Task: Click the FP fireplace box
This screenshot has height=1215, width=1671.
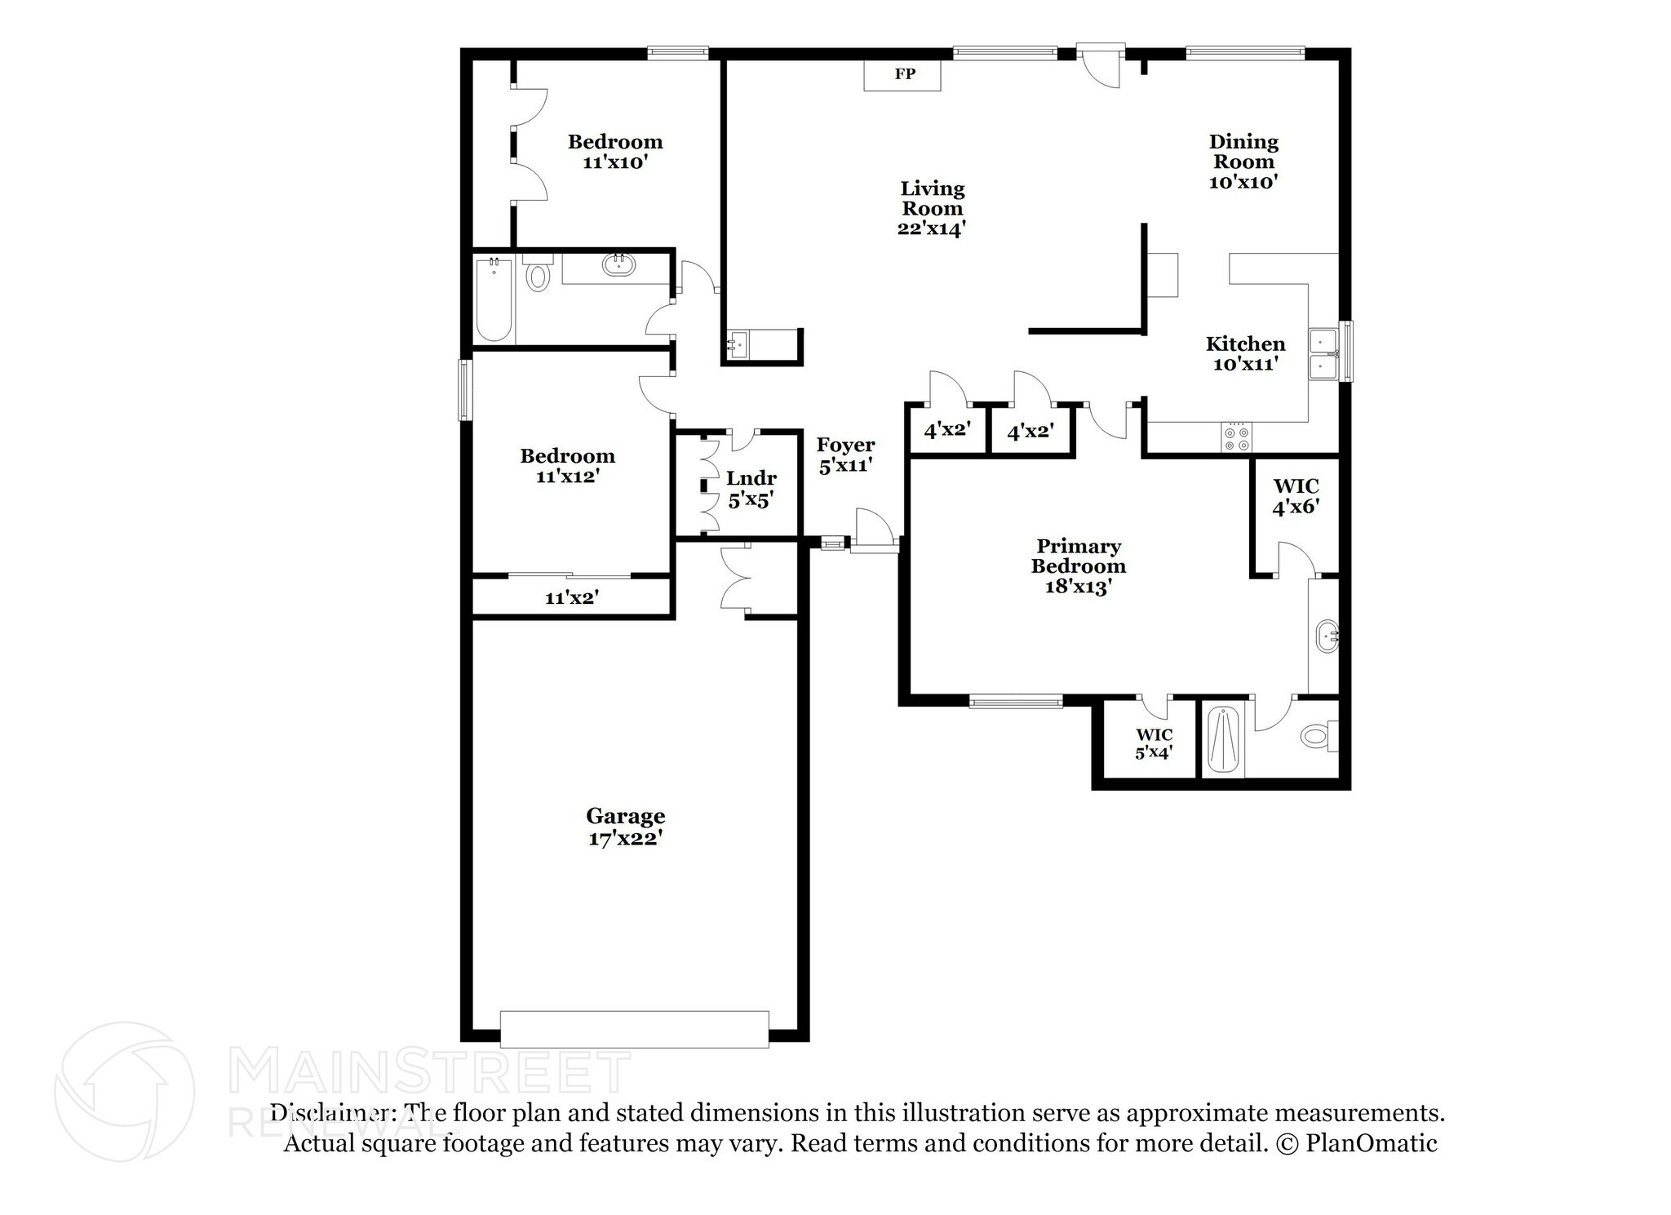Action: point(902,75)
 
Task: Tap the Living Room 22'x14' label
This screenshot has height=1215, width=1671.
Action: point(932,209)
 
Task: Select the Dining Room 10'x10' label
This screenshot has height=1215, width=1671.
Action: point(1243,162)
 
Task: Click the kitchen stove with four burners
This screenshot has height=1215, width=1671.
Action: point(1235,437)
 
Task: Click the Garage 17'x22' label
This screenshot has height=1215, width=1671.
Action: point(625,827)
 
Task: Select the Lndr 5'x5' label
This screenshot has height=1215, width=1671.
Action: point(751,489)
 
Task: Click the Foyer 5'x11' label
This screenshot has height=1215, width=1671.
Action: point(845,455)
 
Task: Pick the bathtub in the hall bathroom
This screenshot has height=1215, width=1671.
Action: point(494,300)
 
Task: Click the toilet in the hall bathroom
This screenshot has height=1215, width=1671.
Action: point(537,275)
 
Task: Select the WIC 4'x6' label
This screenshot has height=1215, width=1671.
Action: point(1296,497)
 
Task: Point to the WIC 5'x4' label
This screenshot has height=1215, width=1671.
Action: point(1154,743)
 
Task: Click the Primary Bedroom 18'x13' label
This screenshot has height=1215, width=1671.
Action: point(1078,566)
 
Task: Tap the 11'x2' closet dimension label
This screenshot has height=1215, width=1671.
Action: point(572,598)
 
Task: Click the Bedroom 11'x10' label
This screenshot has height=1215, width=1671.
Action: point(615,152)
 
